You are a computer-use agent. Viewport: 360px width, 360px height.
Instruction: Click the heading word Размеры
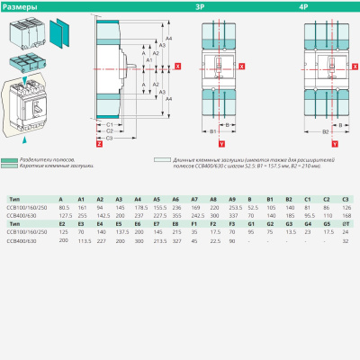click(19, 7)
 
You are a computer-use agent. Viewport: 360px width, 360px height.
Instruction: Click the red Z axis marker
click(97, 143)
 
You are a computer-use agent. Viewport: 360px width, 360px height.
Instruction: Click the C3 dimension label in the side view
click(109, 138)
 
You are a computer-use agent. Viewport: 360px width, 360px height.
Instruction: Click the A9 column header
click(233, 199)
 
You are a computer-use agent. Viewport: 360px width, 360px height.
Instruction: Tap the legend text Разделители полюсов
click(49, 158)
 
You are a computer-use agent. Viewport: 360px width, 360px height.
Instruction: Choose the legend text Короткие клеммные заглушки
click(55, 166)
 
